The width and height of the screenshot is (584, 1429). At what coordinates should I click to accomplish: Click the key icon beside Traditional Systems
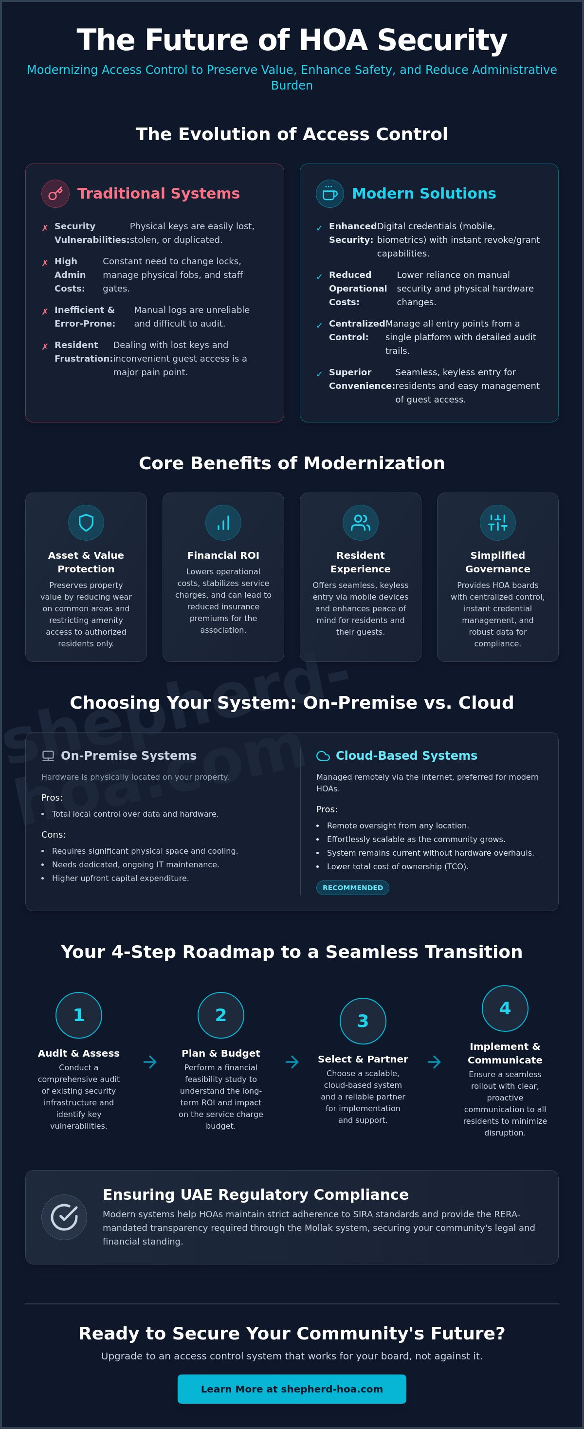coord(55,194)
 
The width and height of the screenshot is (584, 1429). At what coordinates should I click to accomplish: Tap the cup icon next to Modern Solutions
coord(330,194)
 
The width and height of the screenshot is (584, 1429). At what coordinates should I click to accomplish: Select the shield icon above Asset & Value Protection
coord(86,523)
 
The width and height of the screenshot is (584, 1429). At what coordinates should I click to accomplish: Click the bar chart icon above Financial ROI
coord(223,523)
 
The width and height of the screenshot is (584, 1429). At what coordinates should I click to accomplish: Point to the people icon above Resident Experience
coord(361,523)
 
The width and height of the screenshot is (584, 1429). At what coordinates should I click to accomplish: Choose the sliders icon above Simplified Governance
coord(497,523)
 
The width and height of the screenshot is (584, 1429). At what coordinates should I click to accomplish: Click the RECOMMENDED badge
coord(353,888)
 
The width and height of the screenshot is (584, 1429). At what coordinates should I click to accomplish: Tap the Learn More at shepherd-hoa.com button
coord(292,1389)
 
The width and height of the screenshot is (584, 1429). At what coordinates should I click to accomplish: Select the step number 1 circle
coord(79,1015)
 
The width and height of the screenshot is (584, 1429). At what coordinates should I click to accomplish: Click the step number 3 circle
coord(363,1021)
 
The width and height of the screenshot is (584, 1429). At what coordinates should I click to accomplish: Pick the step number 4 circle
coord(505,1008)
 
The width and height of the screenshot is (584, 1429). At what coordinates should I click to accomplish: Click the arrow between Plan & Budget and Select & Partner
coord(292,1062)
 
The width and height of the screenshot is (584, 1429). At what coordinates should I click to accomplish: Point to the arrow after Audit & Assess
coord(150,1062)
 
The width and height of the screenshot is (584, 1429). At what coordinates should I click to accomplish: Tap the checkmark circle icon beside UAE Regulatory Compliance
coord(64,1217)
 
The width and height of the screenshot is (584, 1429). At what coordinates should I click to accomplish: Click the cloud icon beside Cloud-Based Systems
coord(323,755)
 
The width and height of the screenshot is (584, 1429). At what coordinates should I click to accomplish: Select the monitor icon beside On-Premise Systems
coord(48,755)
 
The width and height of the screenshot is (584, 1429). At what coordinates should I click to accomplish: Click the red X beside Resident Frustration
coord(45,347)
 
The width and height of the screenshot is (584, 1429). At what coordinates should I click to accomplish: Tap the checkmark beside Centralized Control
coord(319,326)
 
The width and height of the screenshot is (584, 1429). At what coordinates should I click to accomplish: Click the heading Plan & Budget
coord(221,1053)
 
